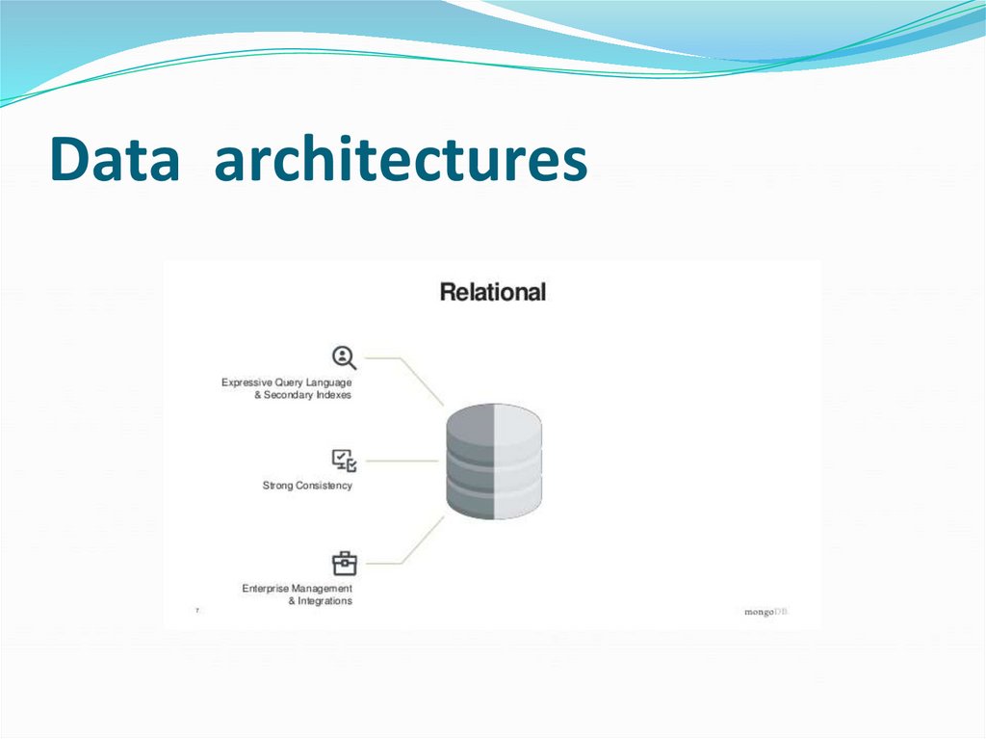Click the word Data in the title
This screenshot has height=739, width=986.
coord(115,160)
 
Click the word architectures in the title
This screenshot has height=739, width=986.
coord(401,160)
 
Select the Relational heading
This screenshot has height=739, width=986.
coord(492,292)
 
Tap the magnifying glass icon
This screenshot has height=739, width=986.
coord(344,357)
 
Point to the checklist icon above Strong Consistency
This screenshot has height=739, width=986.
coord(344,461)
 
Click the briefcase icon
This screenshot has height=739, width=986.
coord(344,563)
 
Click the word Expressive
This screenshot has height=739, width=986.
coord(246,383)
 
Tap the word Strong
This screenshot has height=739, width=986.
coord(277,486)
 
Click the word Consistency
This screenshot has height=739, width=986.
coord(324,486)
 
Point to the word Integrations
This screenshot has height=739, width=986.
coord(325,601)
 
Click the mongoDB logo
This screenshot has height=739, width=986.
coord(765,612)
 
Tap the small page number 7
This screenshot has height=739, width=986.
coord(197,611)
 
